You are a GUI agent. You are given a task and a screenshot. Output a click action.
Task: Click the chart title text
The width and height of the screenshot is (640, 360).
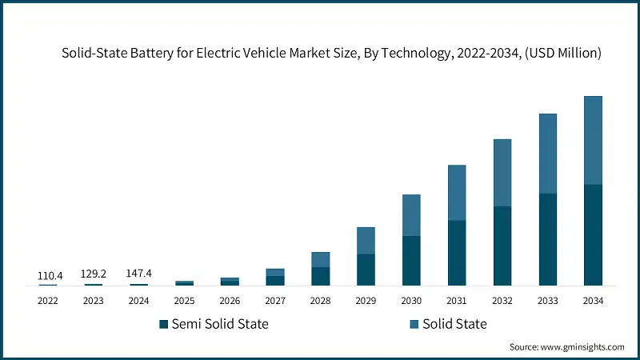tap(332, 54)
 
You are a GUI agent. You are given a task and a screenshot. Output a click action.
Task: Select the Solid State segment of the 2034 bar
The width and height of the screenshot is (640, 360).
tap(593, 140)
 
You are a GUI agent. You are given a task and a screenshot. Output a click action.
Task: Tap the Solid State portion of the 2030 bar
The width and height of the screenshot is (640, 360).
tap(411, 215)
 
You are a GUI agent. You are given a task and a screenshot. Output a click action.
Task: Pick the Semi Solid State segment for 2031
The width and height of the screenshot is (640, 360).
tap(457, 252)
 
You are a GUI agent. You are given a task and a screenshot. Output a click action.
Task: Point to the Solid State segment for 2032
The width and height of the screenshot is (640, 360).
tap(502, 173)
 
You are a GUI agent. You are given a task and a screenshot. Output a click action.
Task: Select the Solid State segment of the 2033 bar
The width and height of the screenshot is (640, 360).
tap(547, 154)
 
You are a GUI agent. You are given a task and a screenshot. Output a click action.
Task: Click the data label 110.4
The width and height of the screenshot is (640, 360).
tap(48, 275)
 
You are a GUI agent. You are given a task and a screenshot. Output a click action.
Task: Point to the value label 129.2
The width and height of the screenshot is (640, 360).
tap(94, 274)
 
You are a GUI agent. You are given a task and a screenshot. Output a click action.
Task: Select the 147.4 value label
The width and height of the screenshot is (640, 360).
tap(139, 274)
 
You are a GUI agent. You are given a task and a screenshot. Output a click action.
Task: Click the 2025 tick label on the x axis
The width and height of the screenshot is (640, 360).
tap(184, 301)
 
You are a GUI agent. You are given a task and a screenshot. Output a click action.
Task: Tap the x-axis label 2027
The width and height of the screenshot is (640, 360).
tap(275, 301)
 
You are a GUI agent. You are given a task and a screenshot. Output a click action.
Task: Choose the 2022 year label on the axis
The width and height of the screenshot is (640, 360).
tap(48, 301)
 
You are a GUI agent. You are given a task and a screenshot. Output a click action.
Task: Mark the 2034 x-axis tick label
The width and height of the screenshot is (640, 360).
tap(593, 301)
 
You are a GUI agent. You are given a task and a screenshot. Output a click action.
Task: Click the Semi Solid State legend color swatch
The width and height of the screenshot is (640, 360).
tap(164, 324)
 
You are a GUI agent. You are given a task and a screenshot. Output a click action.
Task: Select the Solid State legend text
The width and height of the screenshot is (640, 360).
tap(455, 324)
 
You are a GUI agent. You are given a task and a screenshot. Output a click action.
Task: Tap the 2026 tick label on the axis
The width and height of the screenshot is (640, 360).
tap(230, 301)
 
